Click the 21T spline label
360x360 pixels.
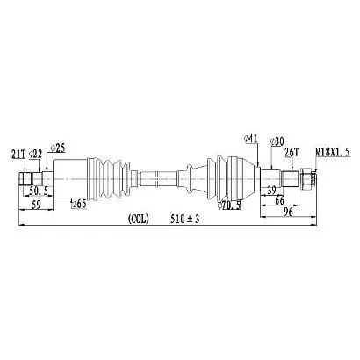[x=18, y=154]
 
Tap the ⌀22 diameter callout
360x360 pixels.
[x=35, y=154]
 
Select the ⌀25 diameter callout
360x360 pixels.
[x=58, y=148]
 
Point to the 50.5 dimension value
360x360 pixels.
[x=39, y=191]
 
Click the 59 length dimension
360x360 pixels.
[x=36, y=205]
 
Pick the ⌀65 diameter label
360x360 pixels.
[x=79, y=204]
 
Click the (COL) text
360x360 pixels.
[x=139, y=219]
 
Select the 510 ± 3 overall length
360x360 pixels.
[x=185, y=219]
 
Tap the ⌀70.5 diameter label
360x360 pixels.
[x=229, y=206]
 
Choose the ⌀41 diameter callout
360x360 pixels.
[x=251, y=139]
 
